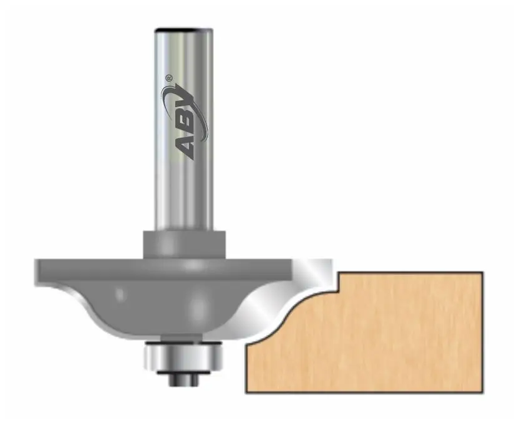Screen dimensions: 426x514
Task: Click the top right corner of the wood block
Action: coord(482,272)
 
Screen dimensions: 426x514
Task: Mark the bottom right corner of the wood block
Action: coord(482,392)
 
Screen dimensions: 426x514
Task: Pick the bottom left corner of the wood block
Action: coord(246,392)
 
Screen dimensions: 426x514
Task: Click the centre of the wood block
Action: coord(374,336)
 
